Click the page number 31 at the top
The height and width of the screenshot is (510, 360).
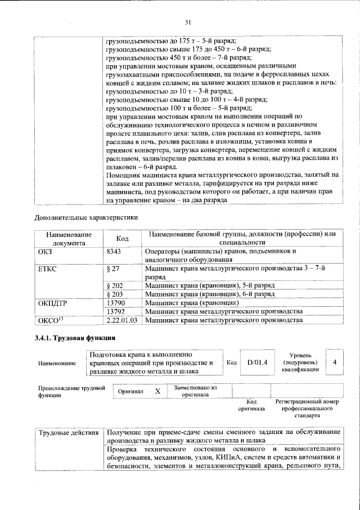(188, 23)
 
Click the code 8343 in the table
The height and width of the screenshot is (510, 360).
(115, 251)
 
